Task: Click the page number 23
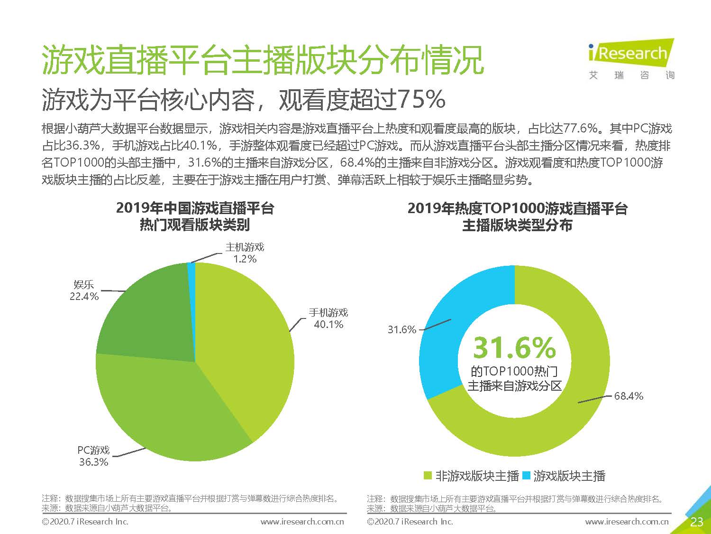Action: [696, 522]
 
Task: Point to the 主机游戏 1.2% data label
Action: [245, 253]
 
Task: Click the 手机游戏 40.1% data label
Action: [328, 319]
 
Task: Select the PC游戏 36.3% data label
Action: [94, 456]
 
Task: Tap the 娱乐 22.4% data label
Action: [84, 290]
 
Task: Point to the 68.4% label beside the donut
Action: [629, 396]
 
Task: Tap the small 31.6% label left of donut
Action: [401, 329]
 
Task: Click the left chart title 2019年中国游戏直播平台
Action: [195, 208]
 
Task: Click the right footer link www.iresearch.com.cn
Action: [627, 522]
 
